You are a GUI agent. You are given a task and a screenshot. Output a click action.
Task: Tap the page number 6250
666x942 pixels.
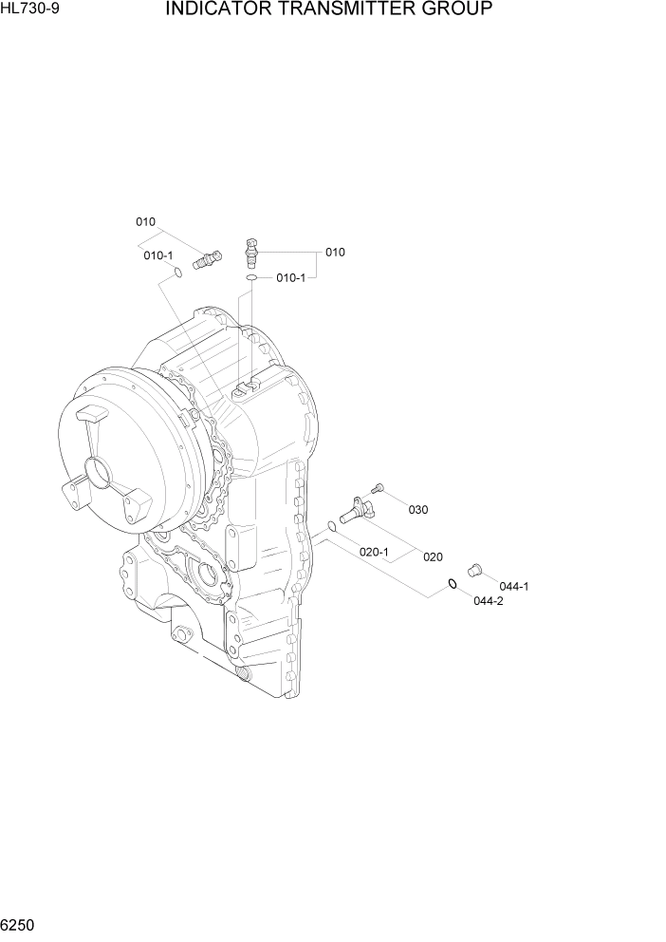click(20, 925)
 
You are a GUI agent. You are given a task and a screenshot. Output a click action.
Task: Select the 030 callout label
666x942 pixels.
click(417, 510)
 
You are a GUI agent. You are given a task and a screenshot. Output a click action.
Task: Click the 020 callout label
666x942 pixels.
click(433, 557)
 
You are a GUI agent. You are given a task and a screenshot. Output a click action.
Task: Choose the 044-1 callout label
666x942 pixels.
click(514, 586)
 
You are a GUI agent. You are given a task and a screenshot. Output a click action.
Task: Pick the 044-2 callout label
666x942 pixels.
click(487, 602)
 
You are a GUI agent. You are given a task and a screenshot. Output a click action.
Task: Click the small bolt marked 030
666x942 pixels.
click(378, 488)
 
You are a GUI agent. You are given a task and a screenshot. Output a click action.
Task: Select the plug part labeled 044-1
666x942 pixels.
click(476, 568)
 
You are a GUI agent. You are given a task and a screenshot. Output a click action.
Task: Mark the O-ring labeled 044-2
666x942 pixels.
click(453, 583)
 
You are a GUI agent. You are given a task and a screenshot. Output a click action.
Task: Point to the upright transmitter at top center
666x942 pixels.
click(251, 252)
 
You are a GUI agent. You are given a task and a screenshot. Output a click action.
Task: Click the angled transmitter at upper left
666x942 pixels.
click(205, 258)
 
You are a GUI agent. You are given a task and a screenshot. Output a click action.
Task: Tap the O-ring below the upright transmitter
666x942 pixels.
click(250, 279)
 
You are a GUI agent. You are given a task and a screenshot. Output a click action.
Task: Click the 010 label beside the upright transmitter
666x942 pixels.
click(335, 253)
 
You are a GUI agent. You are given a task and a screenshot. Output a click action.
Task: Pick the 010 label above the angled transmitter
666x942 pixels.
click(145, 222)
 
